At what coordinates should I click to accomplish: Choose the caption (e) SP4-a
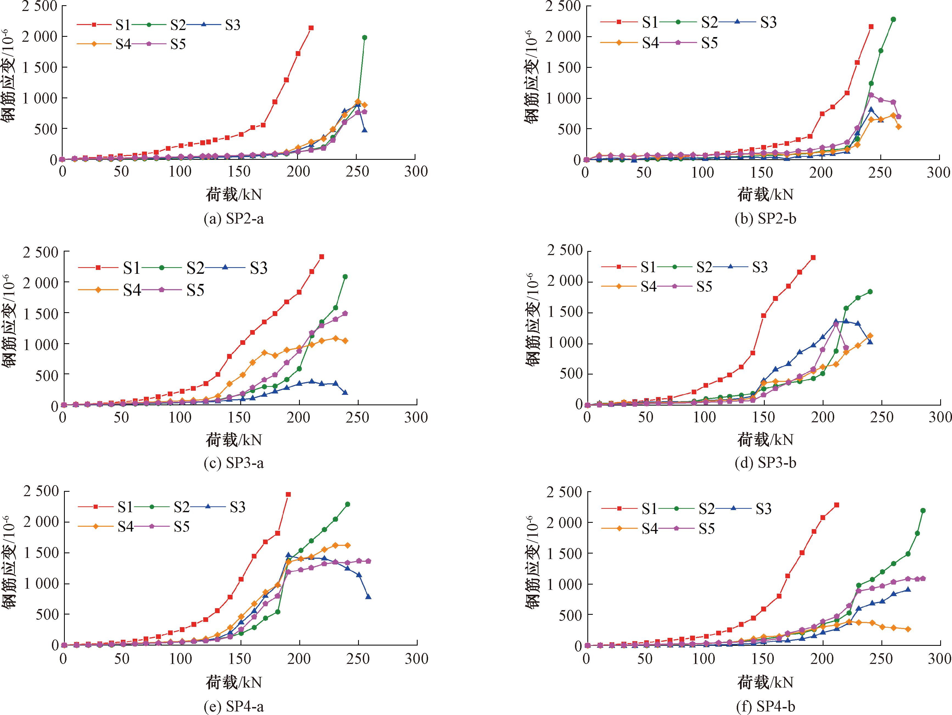[234, 706]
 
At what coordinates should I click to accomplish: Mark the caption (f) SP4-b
[765, 706]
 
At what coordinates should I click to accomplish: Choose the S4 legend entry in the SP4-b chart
[630, 528]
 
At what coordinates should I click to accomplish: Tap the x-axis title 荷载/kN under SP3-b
[765, 440]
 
